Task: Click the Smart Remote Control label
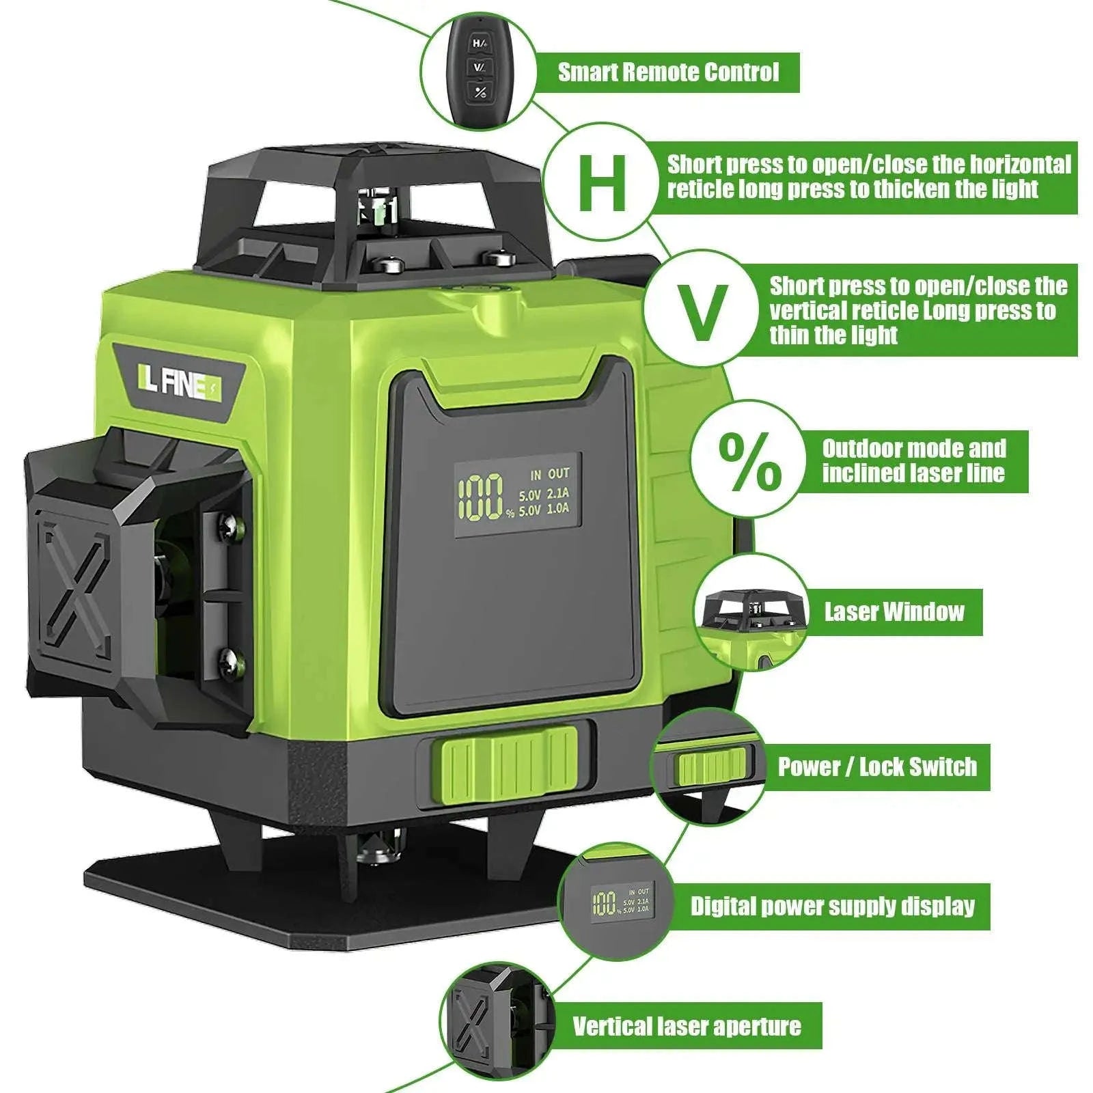(x=667, y=72)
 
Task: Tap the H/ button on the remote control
(x=480, y=43)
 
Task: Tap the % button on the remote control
(x=480, y=92)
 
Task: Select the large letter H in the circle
(x=602, y=182)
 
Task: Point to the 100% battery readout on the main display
(x=482, y=496)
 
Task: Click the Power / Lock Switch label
(x=877, y=767)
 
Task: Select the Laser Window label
(x=894, y=612)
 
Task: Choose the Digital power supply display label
(x=832, y=907)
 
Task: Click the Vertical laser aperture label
(x=687, y=1026)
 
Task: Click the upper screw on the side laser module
(x=228, y=525)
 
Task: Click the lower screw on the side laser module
(x=228, y=659)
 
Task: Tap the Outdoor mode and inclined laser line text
(x=913, y=461)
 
